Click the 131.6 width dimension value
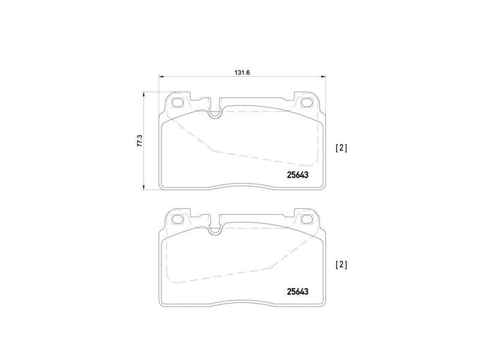[242, 72]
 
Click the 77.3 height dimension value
[139, 141]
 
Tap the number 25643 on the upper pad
[297, 175]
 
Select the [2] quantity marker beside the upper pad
[341, 148]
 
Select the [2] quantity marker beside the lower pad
[341, 264]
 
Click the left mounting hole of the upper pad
[178, 102]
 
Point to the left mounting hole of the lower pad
[178, 219]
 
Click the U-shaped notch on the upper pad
[215, 112]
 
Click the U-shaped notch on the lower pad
[215, 228]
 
